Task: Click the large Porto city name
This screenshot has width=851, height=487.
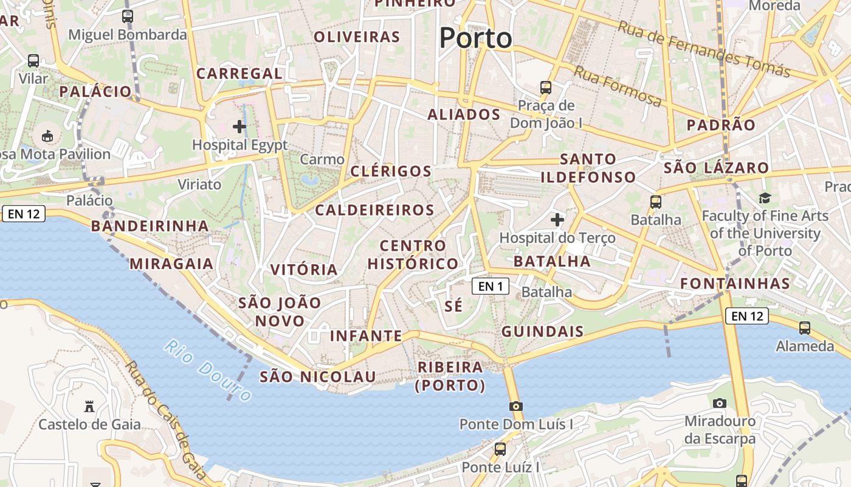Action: pos(476,38)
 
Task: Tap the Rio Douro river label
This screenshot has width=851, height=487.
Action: pos(207,371)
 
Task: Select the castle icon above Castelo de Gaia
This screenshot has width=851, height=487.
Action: pos(89,406)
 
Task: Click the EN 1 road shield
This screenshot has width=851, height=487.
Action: pos(491,286)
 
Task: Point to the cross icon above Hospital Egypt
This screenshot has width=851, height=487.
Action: pos(239,127)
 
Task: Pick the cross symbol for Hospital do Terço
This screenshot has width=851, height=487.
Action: pos(557,219)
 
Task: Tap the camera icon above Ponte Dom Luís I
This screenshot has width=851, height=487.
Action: pos(515,406)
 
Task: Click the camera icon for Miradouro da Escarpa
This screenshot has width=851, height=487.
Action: pos(720,403)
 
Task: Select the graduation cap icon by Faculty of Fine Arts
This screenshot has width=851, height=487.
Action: pos(765,198)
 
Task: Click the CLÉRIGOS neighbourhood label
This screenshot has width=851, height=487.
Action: pos(391,171)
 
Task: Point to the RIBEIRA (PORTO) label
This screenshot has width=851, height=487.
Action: pos(450,376)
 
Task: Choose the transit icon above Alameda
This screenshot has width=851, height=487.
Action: pos(805,328)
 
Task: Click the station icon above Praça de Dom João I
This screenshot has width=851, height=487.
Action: pos(546,88)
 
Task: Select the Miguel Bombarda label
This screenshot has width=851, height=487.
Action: pos(128,35)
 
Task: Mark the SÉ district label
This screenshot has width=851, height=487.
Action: pos(453,306)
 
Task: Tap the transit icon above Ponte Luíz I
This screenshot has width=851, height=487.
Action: pos(500,449)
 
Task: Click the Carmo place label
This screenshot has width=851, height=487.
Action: pos(322,159)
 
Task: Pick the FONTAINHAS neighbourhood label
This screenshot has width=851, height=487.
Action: pos(735,283)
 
